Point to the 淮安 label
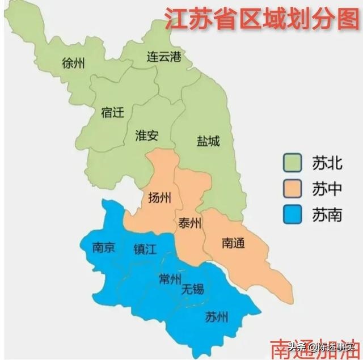tap(147, 135)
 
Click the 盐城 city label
tap(208, 141)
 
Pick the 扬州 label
tap(159, 197)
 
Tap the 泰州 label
tap(189, 223)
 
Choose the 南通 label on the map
tap(233, 243)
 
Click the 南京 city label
tap(104, 248)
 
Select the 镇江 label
tap(145, 249)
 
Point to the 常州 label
tap(170, 278)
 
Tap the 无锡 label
tap(193, 290)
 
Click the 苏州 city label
tap(217, 317)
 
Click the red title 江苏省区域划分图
tap(261, 19)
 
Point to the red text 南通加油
tap(315, 348)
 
